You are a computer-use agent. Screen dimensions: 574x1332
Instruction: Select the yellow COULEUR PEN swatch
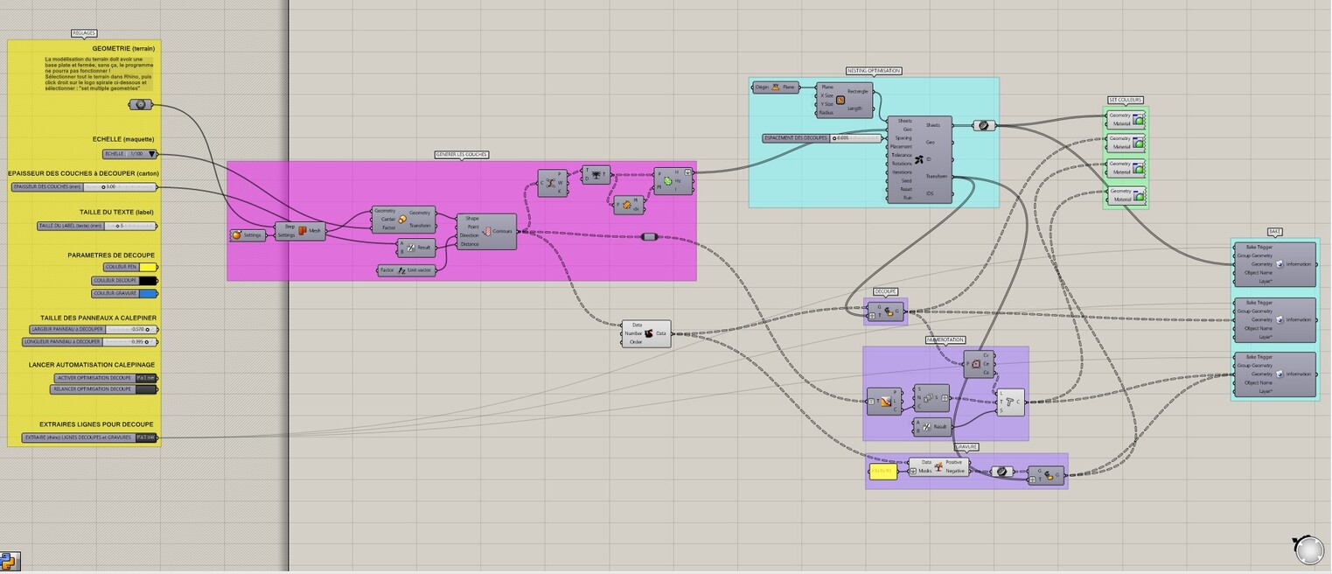click(x=148, y=267)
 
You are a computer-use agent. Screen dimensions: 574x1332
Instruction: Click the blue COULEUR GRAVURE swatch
click(x=148, y=294)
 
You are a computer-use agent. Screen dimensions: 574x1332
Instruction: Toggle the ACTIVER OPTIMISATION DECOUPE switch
click(x=145, y=378)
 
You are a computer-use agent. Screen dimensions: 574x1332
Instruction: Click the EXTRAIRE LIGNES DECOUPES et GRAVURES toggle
click(x=146, y=437)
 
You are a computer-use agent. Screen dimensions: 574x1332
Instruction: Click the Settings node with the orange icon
click(x=248, y=234)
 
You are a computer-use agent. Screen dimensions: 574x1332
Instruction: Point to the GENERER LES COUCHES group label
click(x=461, y=155)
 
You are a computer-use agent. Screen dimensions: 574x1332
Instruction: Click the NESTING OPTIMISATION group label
click(x=873, y=71)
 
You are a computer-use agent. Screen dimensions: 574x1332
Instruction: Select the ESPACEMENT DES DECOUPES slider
click(x=821, y=138)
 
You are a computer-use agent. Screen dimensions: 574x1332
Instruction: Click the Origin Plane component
click(x=775, y=87)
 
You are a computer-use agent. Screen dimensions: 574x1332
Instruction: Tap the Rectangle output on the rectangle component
click(x=858, y=91)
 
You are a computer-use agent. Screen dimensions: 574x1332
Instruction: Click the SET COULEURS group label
click(x=1125, y=100)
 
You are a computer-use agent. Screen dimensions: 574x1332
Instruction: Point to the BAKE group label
click(x=1274, y=232)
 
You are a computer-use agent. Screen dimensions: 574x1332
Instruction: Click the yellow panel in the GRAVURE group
click(x=882, y=472)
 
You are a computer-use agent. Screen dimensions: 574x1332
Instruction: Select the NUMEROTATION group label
click(x=945, y=339)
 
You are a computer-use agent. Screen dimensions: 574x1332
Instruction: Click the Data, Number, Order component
click(x=646, y=333)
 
